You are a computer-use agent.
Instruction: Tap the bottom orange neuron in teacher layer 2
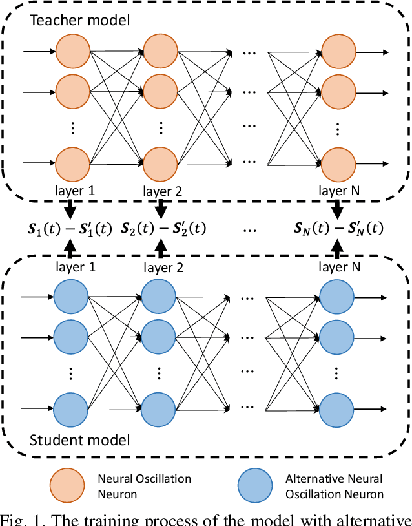[160, 162]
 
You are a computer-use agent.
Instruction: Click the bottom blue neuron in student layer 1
[71, 408]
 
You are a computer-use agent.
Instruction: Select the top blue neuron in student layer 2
[159, 298]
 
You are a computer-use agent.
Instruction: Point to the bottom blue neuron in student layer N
[338, 408]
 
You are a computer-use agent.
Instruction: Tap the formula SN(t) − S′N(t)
[338, 228]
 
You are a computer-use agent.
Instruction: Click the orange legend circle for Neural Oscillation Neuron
[68, 485]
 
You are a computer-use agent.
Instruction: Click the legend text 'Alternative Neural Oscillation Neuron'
[333, 487]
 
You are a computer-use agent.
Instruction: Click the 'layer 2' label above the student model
[162, 266]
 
